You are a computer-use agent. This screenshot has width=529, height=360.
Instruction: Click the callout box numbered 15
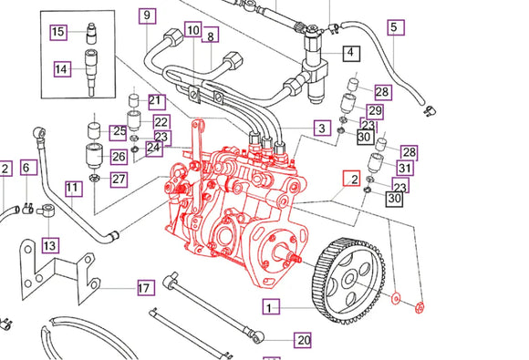57,32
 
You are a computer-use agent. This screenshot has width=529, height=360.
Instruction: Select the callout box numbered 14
61,68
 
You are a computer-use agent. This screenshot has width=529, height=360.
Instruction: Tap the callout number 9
146,15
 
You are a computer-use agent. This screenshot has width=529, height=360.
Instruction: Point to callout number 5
394,27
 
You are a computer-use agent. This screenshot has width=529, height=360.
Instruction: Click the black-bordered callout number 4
350,54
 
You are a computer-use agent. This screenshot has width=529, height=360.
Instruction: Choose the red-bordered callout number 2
350,180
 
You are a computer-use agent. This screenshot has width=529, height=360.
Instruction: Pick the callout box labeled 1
270,307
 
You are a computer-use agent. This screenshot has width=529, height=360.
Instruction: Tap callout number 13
48,245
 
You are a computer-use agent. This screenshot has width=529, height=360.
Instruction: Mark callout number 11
73,189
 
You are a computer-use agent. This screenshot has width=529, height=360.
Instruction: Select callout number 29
375,111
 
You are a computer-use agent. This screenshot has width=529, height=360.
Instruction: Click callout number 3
321,129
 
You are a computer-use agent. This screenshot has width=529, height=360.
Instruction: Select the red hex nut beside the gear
420,304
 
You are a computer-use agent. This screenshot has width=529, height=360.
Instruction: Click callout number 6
26,167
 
